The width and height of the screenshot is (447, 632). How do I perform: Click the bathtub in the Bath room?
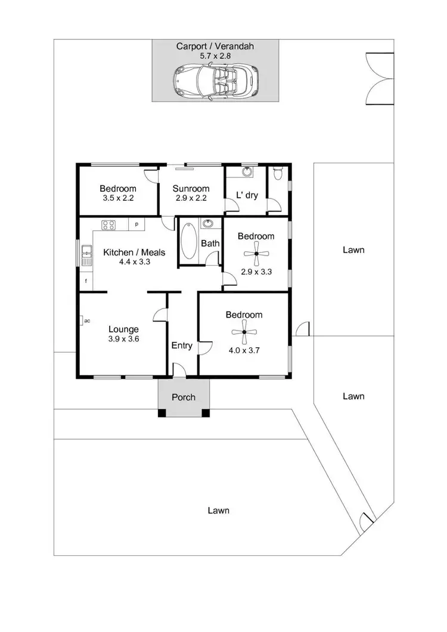pyautogui.click(x=189, y=240)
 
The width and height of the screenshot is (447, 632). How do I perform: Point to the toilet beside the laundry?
pyautogui.click(x=277, y=174)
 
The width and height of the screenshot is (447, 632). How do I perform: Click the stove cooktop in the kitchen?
pyautogui.click(x=108, y=225)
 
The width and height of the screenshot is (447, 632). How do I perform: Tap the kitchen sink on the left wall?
pyautogui.click(x=86, y=255)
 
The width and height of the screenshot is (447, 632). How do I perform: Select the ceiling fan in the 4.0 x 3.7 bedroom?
pyautogui.click(x=244, y=334)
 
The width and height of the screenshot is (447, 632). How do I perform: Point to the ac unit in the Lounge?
pyautogui.click(x=83, y=320)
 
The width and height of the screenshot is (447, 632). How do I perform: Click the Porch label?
pyautogui.click(x=183, y=397)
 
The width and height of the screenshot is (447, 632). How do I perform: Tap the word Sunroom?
pyautogui.click(x=192, y=189)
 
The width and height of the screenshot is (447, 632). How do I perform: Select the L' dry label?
pyautogui.click(x=247, y=195)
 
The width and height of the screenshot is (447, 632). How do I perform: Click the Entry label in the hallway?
pyautogui.click(x=182, y=345)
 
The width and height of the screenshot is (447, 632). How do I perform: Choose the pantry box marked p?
pyautogui.click(x=137, y=225)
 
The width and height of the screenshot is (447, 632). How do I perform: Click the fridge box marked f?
pyautogui.click(x=86, y=281)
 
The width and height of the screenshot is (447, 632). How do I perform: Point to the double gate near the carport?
pyautogui.click(x=379, y=79)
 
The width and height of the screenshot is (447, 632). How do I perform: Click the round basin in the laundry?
pyautogui.click(x=247, y=173)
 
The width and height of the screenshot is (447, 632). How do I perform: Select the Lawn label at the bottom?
pyautogui.click(x=218, y=510)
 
